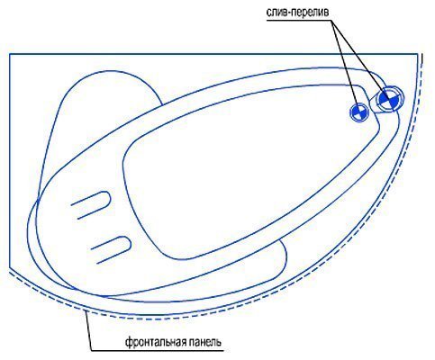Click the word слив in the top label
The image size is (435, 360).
(274, 13)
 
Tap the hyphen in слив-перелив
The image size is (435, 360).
(283, 13)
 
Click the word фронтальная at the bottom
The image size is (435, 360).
(156, 342)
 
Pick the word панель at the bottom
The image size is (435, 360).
(206, 342)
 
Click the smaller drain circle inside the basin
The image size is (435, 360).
(359, 112)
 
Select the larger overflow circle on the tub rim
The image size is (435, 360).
(389, 99)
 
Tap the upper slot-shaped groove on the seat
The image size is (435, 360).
(91, 204)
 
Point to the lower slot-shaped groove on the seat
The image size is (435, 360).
(111, 249)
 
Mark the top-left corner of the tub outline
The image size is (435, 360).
(10, 54)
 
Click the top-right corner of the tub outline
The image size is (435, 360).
(418, 54)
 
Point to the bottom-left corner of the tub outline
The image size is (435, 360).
(10, 267)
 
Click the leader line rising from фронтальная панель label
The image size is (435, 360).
(88, 331)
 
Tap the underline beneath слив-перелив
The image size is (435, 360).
(299, 21)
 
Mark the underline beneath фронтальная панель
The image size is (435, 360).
(158, 350)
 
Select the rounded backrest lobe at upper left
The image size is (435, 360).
(99, 90)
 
